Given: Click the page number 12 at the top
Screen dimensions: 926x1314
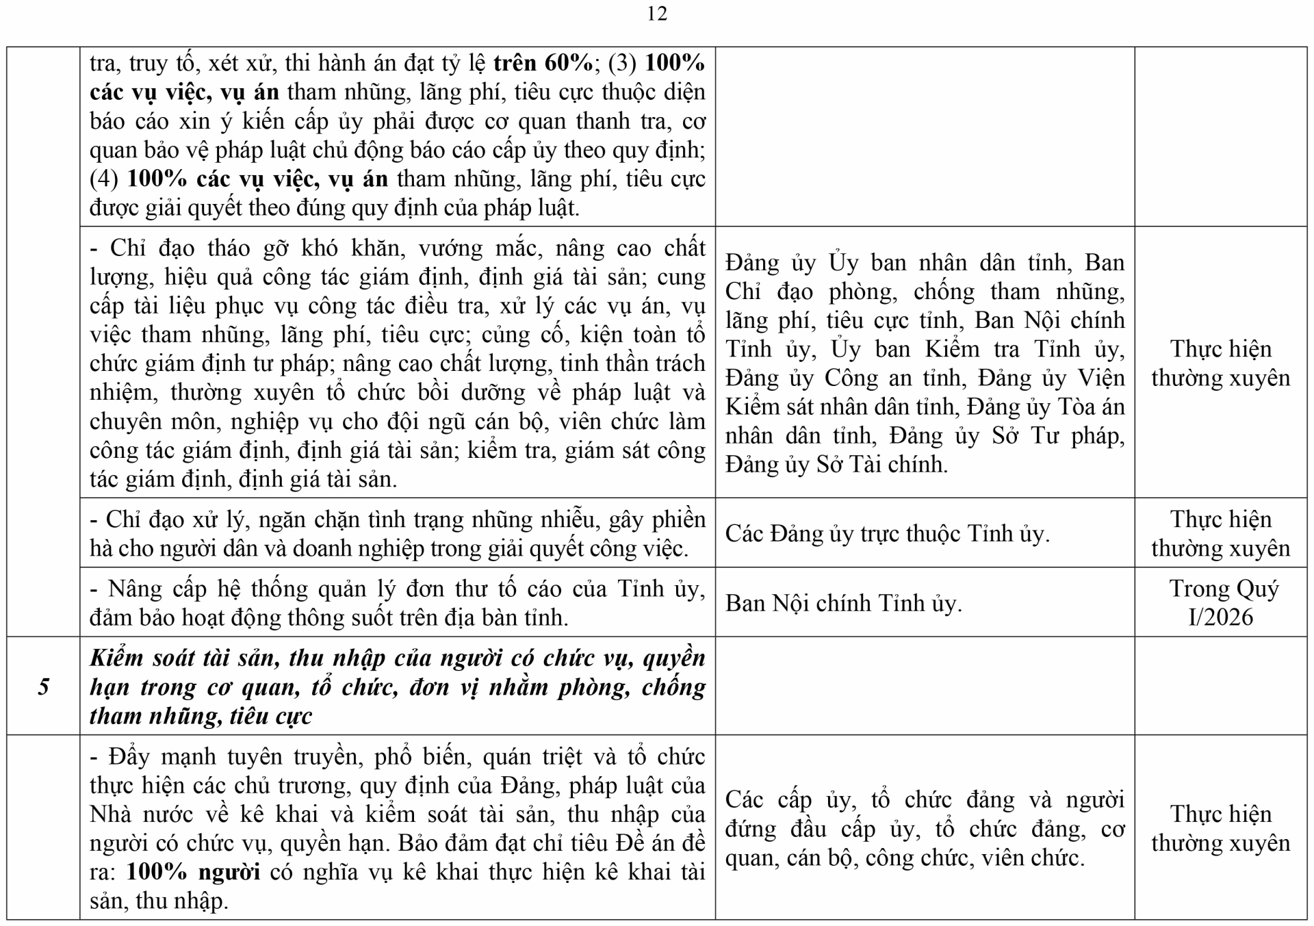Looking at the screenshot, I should pyautogui.click(x=656, y=14).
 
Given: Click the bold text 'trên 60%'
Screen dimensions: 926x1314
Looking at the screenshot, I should pyautogui.click(x=543, y=63).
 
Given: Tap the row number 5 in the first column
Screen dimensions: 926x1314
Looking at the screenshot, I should pyautogui.click(x=43, y=686).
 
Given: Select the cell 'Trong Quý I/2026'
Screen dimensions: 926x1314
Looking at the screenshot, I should pyautogui.click(x=1220, y=602).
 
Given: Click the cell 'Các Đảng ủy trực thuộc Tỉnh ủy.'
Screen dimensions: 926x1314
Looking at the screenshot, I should pyautogui.click(x=887, y=534).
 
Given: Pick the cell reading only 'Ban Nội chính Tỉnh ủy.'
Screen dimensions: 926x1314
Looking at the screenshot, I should pyautogui.click(x=843, y=603).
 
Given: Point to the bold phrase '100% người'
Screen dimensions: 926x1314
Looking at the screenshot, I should pyautogui.click(x=193, y=872).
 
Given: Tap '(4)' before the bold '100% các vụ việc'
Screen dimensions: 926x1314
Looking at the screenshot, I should pyautogui.click(x=104, y=179).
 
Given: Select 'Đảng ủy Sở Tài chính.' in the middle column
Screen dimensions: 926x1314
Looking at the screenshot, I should pyautogui.click(x=836, y=465).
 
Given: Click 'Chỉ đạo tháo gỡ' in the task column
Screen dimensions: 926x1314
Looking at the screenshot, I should pyautogui.click(x=182, y=248).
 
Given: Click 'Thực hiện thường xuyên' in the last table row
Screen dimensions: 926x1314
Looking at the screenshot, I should pyautogui.click(x=1220, y=828).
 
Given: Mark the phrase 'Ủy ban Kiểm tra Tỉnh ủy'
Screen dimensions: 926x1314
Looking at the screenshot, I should pyautogui.click(x=978, y=349).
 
